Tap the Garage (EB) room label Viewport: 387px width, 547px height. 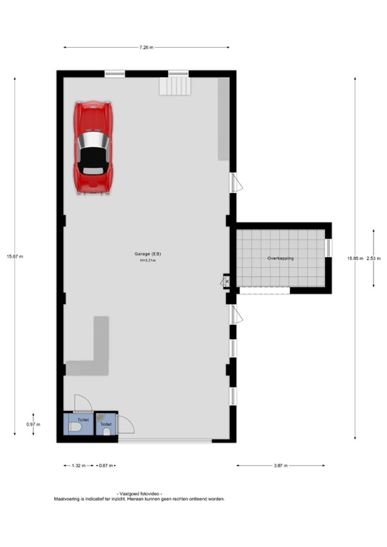[148, 254]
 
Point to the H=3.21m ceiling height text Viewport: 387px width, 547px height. [148, 261]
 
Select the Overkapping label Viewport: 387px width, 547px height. [281, 258]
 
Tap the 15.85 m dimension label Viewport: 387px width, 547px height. [355, 258]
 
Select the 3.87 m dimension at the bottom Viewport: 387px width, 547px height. [280, 466]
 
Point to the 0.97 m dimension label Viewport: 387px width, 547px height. [33, 424]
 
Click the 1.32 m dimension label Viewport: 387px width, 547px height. [78, 466]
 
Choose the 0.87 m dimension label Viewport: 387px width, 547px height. [105, 466]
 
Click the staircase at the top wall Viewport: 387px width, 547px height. [175, 85]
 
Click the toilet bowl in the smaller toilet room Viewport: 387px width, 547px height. [106, 432]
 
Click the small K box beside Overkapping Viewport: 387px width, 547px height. [227, 281]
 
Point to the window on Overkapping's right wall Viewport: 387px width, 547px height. [328, 247]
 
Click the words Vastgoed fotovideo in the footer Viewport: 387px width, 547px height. [139, 494]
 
